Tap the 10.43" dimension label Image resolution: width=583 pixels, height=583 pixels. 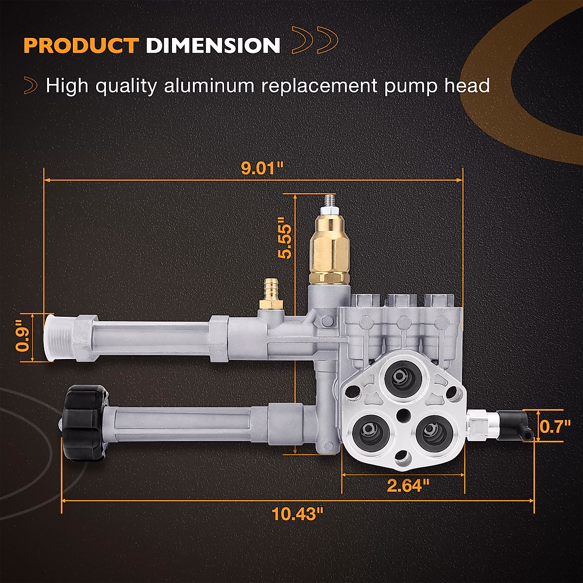pyautogui.click(x=297, y=513)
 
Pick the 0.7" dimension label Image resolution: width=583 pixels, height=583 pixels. pyautogui.click(x=555, y=427)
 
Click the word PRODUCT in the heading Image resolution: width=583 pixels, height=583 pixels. pyautogui.click(x=81, y=46)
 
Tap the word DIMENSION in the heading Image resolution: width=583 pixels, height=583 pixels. pyautogui.click(x=213, y=46)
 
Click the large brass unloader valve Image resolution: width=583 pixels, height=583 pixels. pyautogui.click(x=328, y=250)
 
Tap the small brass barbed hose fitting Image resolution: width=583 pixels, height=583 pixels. pyautogui.click(x=271, y=294)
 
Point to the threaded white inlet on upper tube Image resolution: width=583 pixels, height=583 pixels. pyautogui.click(x=57, y=337)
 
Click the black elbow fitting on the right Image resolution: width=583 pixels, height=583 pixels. pyautogui.click(x=515, y=423)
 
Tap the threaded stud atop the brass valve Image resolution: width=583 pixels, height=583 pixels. pyautogui.click(x=329, y=201)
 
